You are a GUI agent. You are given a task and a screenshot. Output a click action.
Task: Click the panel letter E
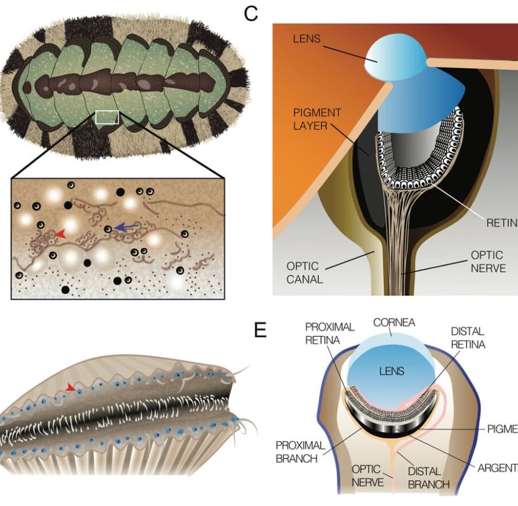[x=259, y=330]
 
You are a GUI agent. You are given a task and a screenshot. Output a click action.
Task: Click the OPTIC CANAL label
[x=304, y=268]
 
